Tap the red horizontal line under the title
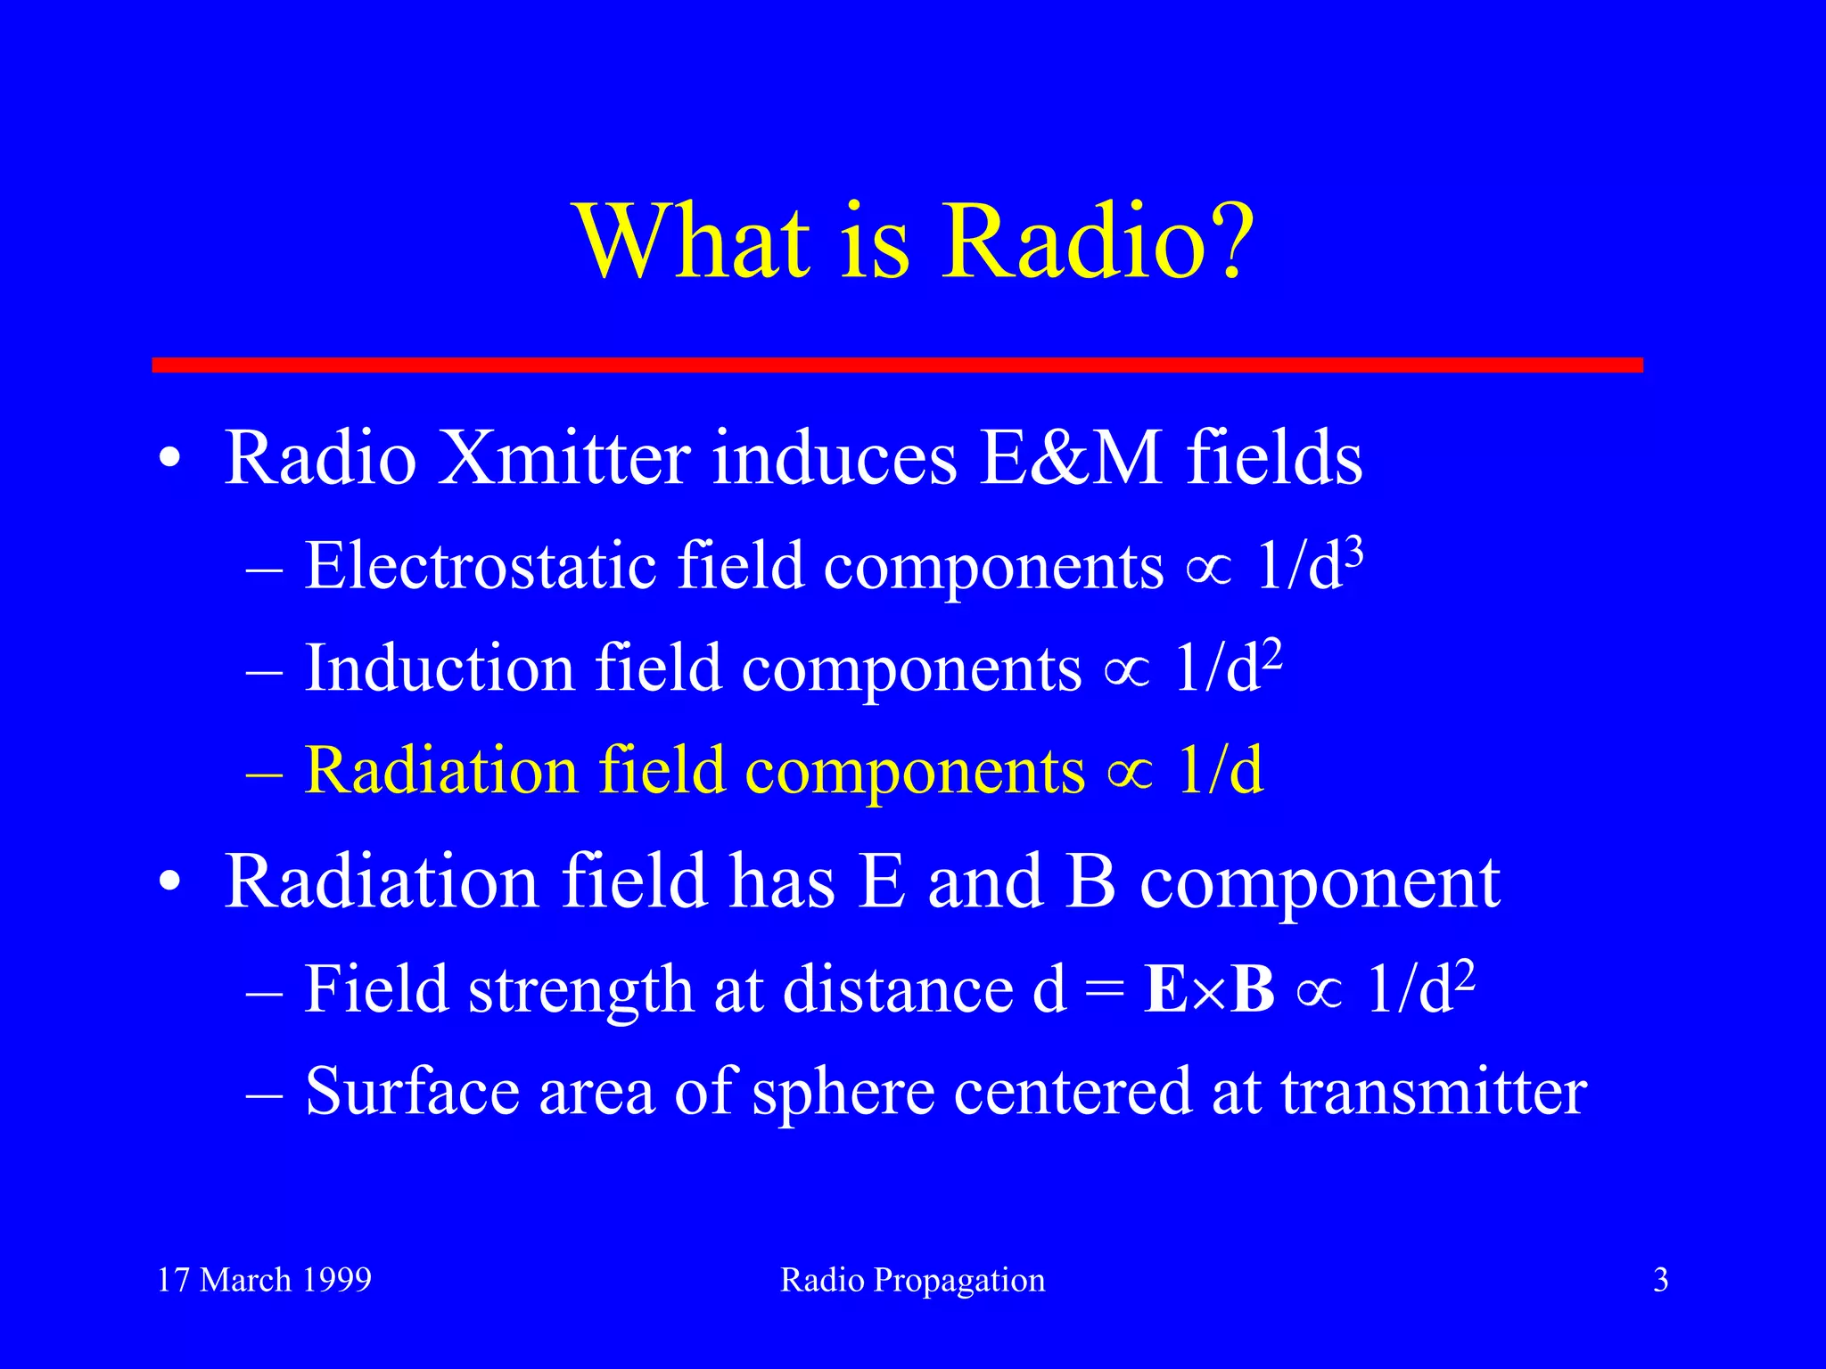(x=897, y=365)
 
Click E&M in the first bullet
(x=1071, y=458)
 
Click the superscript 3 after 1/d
(x=1354, y=553)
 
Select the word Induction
(x=440, y=668)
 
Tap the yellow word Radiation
(x=441, y=771)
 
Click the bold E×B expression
(x=1209, y=989)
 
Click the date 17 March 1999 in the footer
(x=264, y=1280)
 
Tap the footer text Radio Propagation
(x=912, y=1280)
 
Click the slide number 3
(x=1660, y=1280)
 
